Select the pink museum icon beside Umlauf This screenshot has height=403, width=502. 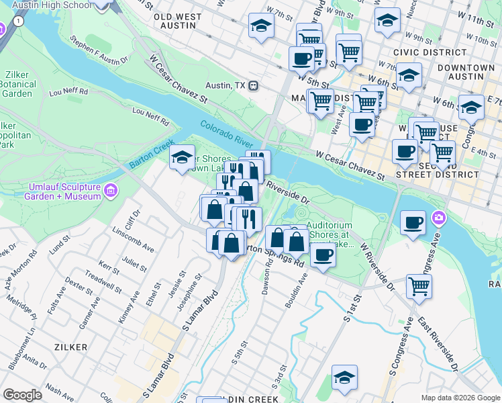click(x=111, y=191)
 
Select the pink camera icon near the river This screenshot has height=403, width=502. click(x=439, y=218)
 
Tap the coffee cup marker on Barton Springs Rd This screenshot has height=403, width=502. click(x=323, y=255)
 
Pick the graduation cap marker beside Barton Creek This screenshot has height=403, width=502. click(x=181, y=158)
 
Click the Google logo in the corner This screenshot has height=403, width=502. click(x=23, y=395)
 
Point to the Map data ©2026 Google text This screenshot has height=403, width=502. click(x=460, y=398)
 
